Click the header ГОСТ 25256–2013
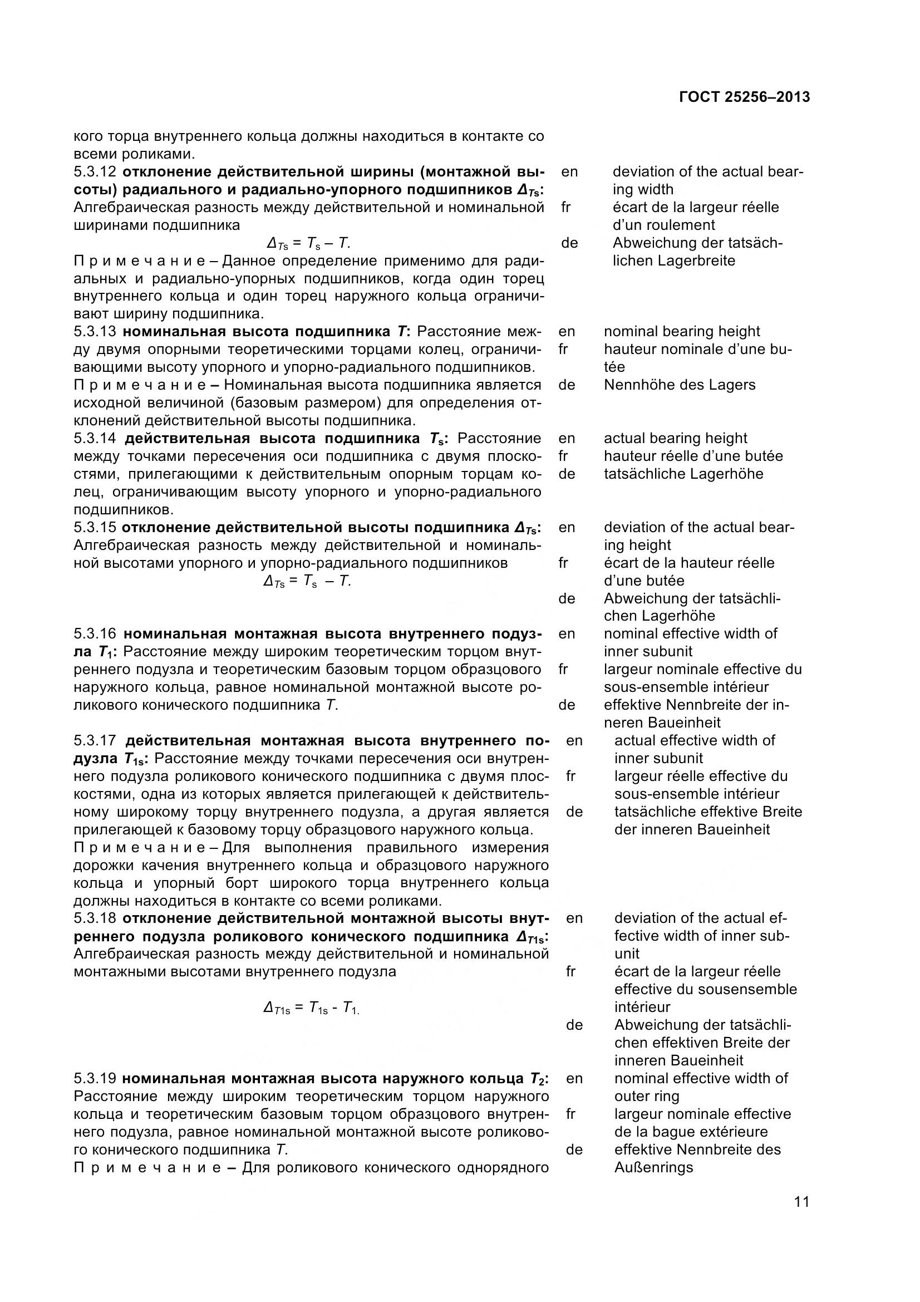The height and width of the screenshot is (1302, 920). click(x=744, y=97)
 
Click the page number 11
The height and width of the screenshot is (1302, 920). click(x=801, y=1217)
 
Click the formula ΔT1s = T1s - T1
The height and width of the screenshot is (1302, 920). click(x=311, y=1008)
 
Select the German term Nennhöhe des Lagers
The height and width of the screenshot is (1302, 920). click(x=679, y=385)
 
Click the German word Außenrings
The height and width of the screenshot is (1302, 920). click(x=653, y=1168)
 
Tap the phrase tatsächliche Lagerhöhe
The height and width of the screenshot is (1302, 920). click(x=683, y=474)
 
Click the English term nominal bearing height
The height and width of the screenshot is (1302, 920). click(x=681, y=332)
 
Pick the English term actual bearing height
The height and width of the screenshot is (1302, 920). click(x=675, y=438)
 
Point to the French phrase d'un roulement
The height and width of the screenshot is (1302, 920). click(x=663, y=225)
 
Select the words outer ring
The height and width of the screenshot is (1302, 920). click(x=646, y=1096)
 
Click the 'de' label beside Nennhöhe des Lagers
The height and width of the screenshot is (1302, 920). click(x=566, y=385)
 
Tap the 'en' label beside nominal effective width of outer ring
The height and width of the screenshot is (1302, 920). click(x=574, y=1079)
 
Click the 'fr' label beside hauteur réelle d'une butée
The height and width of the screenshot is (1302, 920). click(x=563, y=456)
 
